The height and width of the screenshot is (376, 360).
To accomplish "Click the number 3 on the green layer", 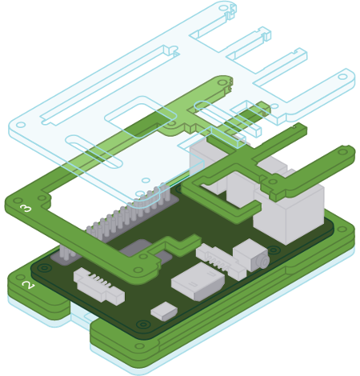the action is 26,208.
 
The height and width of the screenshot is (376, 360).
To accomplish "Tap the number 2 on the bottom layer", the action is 28,285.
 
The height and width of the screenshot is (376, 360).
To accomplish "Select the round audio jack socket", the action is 264,260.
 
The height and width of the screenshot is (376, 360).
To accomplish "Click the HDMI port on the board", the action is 198,282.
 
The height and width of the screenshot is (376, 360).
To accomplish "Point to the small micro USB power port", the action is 164,311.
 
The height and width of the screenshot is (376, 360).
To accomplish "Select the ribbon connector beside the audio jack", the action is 221,262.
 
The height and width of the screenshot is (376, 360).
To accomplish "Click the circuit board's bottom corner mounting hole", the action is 143,324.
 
